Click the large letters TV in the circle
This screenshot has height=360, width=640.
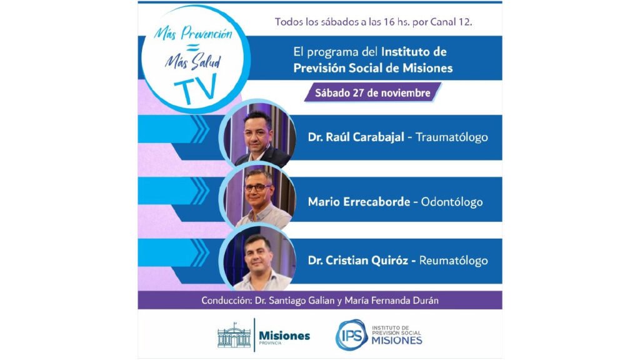pos(196,89)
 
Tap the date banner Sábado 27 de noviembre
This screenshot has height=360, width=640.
pos(372,92)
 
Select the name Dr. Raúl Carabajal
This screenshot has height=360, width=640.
pos(356,137)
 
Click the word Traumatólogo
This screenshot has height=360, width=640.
pos(451,137)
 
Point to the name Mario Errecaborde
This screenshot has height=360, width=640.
pos(359,202)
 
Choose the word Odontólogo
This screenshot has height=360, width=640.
pos(452,202)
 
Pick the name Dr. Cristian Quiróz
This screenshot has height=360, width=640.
pos(358,261)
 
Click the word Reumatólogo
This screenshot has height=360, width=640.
pos(454,261)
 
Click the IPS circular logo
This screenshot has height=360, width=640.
pos(351,335)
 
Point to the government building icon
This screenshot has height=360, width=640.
pos(234,335)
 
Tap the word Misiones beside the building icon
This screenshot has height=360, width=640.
pos(284,336)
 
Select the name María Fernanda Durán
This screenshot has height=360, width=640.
pos(391,301)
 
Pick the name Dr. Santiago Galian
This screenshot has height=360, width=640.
pos(294,301)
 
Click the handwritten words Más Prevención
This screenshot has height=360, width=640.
pos(193,33)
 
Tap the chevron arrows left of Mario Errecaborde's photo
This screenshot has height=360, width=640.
pos(200,191)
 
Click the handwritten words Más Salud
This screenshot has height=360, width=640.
pos(193,62)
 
